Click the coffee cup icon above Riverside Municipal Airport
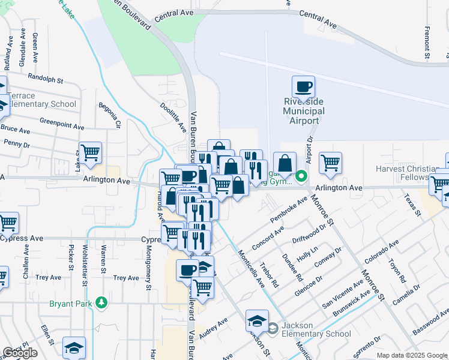click(304, 86)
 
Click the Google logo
click(20, 353)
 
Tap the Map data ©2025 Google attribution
click(412, 355)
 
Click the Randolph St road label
click(46, 79)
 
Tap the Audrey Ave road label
click(214, 329)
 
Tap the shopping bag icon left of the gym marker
click(285, 163)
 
